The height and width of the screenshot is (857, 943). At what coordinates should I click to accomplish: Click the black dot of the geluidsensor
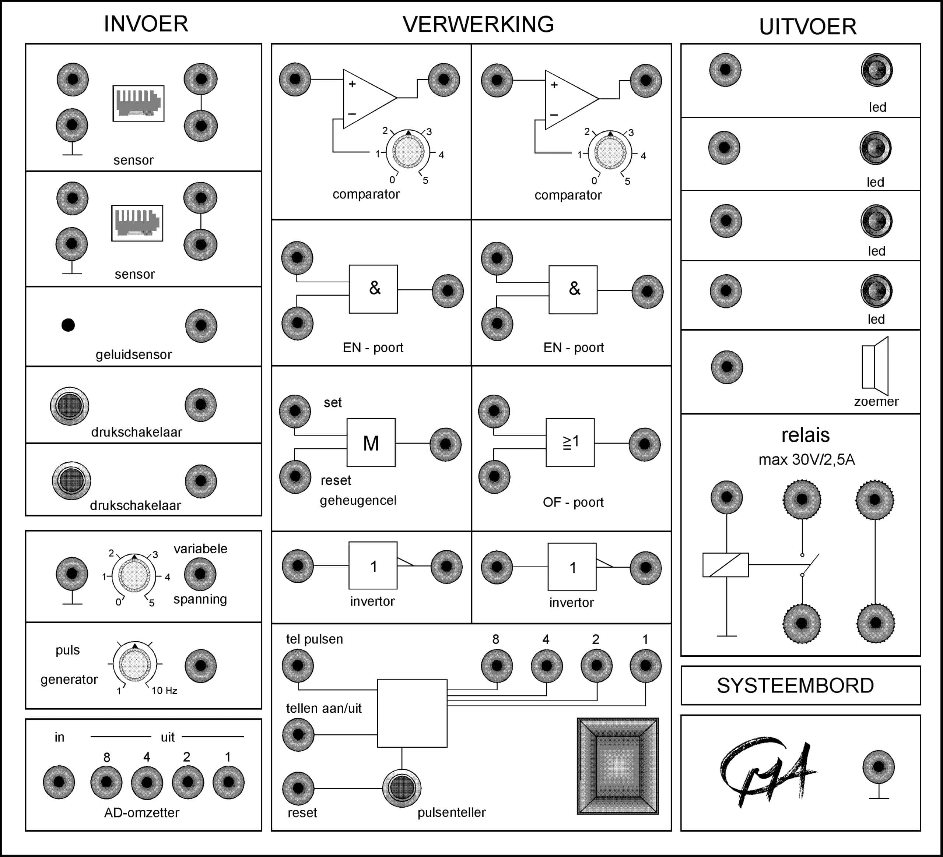click(68, 325)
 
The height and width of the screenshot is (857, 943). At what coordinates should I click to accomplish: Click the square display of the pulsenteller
click(618, 766)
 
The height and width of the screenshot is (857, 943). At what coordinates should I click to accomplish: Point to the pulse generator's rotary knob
click(135, 664)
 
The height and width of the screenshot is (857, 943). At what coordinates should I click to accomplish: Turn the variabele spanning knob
click(134, 575)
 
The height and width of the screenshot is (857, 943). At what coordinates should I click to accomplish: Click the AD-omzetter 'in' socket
click(59, 782)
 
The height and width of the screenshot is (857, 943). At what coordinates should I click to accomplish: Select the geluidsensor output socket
click(201, 325)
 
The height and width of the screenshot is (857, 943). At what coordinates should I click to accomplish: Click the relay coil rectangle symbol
click(726, 565)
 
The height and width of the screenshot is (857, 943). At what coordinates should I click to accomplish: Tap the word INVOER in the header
click(146, 24)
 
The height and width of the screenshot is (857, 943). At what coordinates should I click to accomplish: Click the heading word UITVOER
click(807, 27)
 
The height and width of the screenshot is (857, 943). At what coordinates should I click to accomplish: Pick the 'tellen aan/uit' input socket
click(298, 734)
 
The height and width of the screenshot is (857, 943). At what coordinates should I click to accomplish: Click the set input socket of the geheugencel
click(295, 411)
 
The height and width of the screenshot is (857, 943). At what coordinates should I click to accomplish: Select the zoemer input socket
click(726, 367)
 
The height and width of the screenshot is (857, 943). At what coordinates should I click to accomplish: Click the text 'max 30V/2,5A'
click(806, 459)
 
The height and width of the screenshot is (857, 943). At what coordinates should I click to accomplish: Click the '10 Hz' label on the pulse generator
click(164, 691)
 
